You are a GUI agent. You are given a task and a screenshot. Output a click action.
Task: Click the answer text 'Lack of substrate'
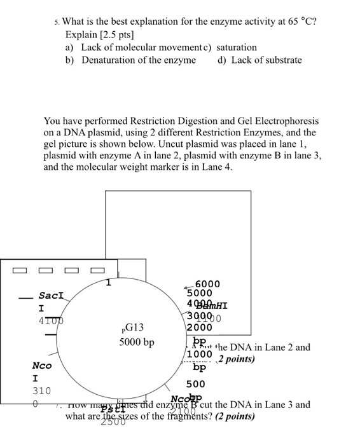click(267, 60)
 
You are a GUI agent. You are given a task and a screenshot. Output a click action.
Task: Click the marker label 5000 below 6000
click(200, 294)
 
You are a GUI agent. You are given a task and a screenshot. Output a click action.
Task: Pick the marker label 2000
click(199, 328)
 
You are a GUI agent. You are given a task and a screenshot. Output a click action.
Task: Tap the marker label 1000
click(199, 354)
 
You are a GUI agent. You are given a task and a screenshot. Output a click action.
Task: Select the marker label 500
click(195, 384)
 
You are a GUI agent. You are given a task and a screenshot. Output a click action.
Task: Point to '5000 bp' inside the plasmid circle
click(137, 343)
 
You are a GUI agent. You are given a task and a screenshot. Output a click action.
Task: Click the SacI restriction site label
click(51, 296)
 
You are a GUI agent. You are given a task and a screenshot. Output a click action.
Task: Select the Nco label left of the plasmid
click(43, 366)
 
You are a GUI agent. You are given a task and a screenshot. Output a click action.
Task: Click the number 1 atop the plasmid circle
click(109, 282)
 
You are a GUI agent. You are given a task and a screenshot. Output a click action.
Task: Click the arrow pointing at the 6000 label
click(189, 286)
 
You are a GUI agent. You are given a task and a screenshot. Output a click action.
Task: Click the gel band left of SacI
click(25, 298)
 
